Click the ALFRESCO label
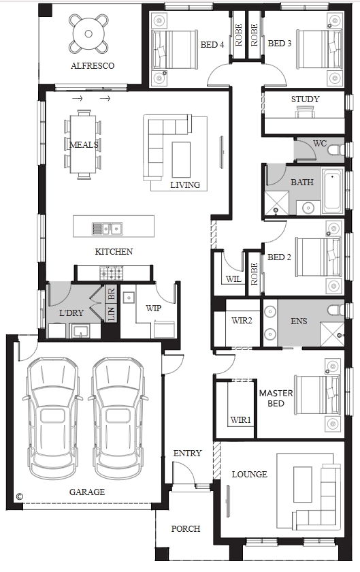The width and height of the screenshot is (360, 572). (x=93, y=65)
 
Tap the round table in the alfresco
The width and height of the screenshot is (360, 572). (x=88, y=34)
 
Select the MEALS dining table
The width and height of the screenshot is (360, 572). (x=84, y=145)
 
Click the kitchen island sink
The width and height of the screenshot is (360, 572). (x=108, y=229)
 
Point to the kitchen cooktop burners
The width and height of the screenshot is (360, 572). (x=112, y=273)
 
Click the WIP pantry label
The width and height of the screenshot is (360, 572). (x=153, y=308)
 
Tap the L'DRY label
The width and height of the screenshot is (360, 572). (x=71, y=313)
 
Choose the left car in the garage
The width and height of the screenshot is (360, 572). (x=52, y=418)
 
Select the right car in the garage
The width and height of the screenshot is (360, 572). (x=118, y=418)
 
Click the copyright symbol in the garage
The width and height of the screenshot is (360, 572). (x=20, y=496)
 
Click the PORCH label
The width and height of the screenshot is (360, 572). (x=186, y=528)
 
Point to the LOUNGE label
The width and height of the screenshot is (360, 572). (x=250, y=474)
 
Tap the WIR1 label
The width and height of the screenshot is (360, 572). (x=241, y=420)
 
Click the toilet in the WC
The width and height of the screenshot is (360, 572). (x=336, y=150)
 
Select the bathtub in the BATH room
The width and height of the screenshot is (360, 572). (x=332, y=191)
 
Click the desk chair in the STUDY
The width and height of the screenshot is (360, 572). (x=305, y=112)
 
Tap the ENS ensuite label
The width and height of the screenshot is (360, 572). (x=299, y=321)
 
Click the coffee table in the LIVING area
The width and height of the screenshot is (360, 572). (x=181, y=159)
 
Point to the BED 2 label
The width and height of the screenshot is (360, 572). (x=279, y=257)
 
